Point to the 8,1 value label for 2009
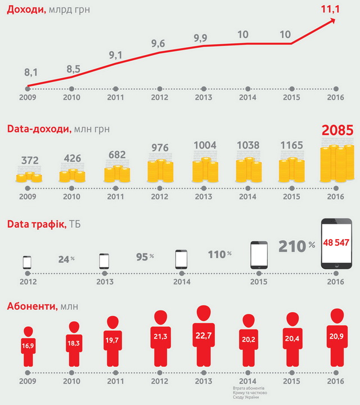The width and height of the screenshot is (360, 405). click(x=31, y=73)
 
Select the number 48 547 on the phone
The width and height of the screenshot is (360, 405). click(x=337, y=244)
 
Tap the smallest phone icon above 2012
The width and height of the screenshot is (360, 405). click(x=27, y=262)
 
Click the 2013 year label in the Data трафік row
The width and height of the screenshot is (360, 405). click(x=104, y=281)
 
